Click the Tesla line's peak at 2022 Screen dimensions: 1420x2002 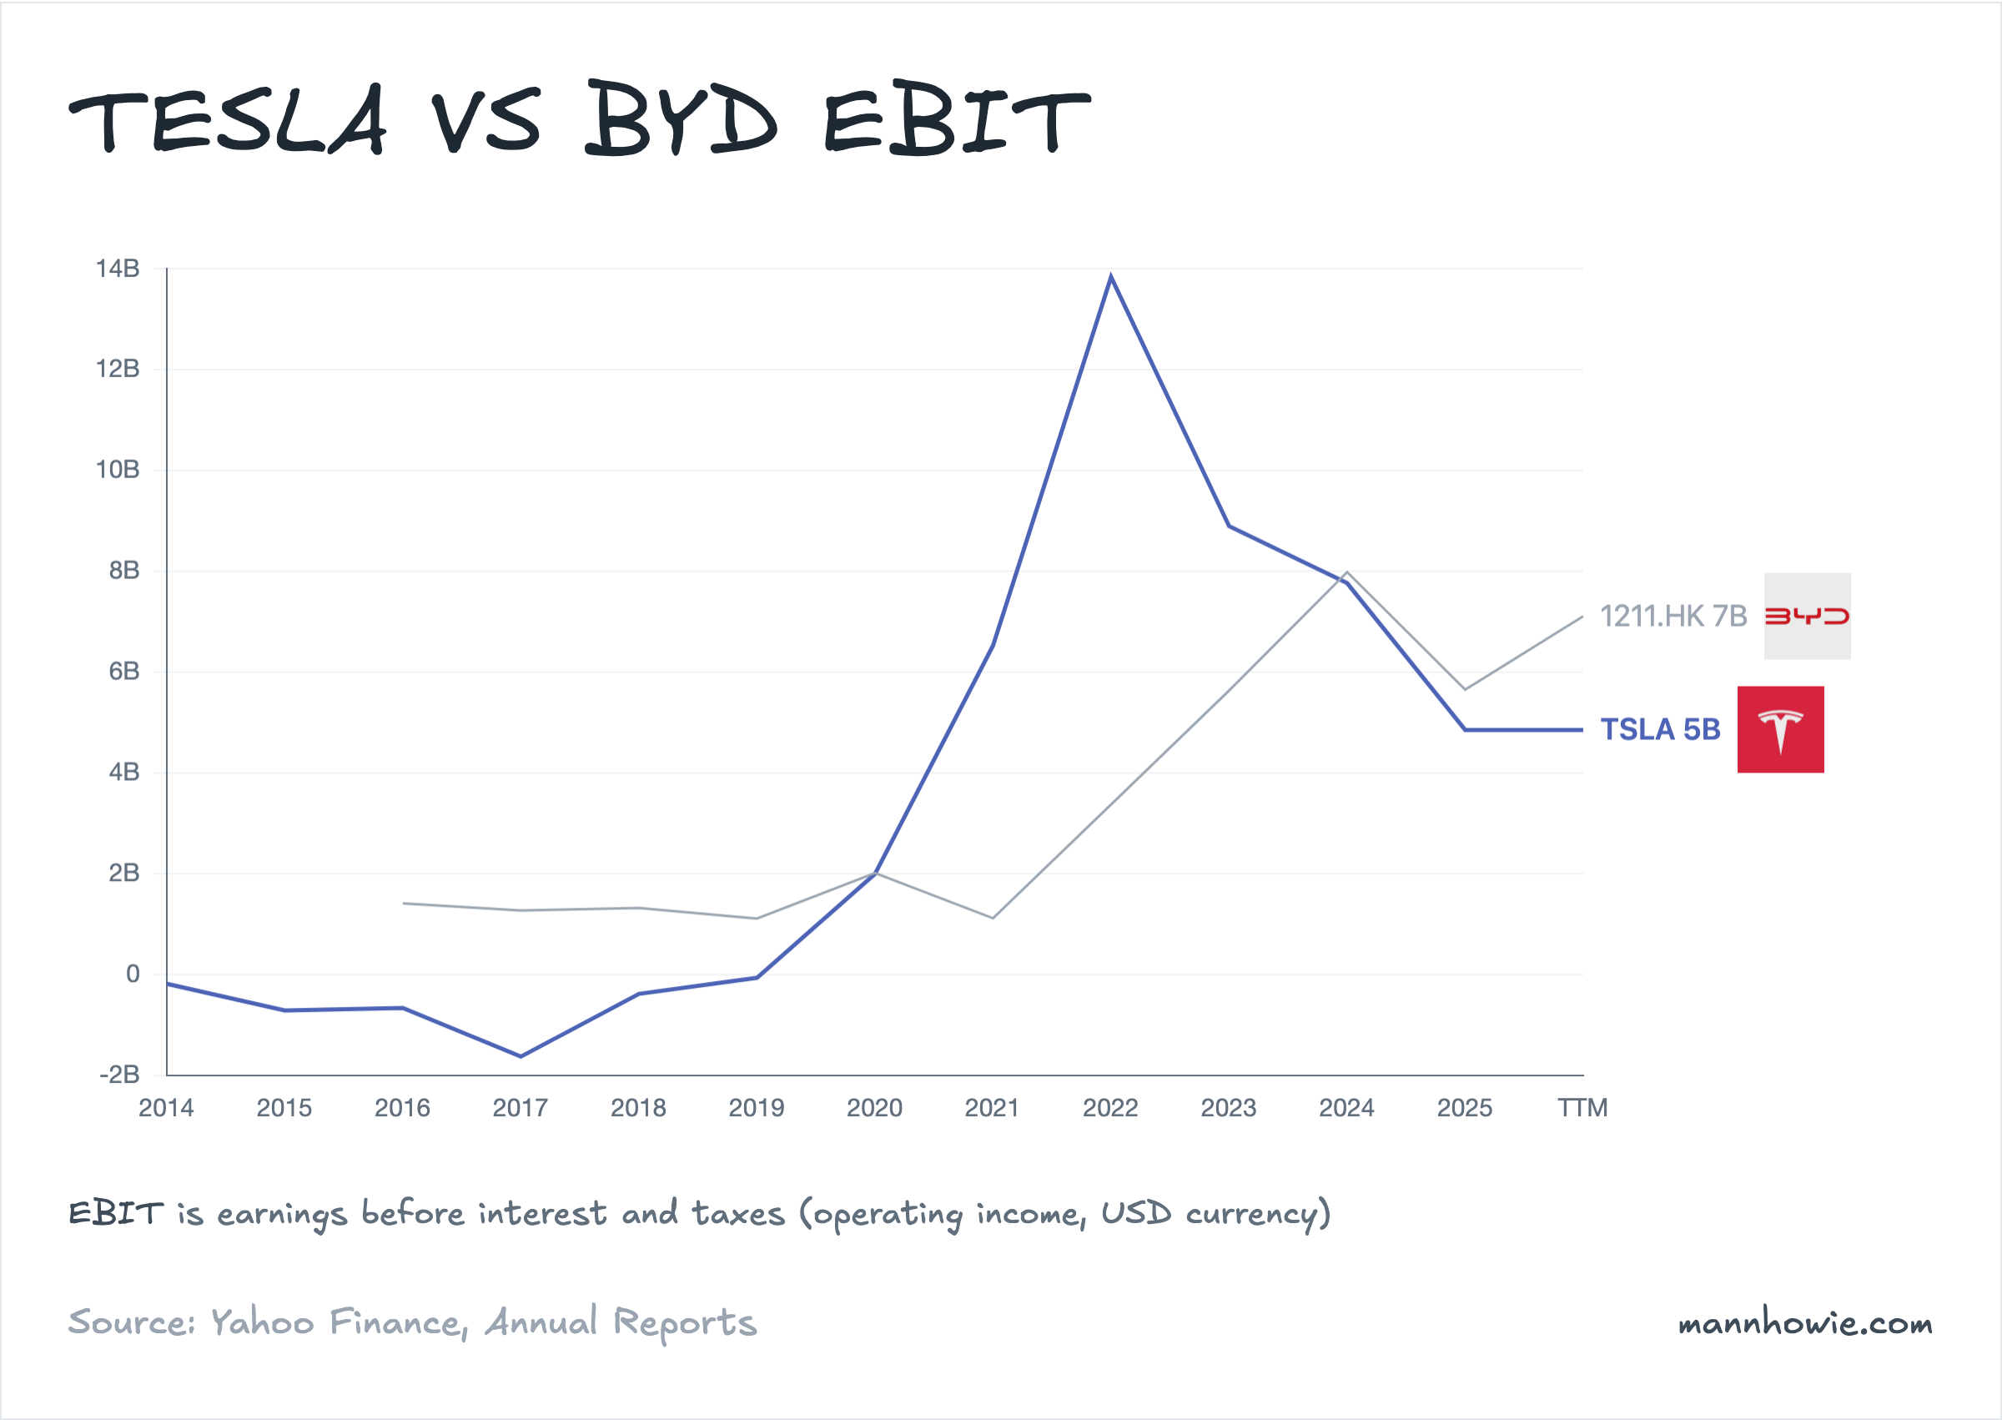tap(1110, 276)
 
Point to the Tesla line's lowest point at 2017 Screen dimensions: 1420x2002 tap(521, 1056)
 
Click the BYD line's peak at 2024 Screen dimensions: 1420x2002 tap(1346, 572)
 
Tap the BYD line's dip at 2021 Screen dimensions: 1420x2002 tap(993, 918)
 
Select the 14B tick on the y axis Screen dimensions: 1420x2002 tap(118, 269)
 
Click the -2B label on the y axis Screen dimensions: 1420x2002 tap(120, 1075)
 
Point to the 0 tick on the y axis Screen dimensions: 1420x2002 tap(133, 974)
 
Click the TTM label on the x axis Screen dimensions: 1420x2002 tap(1582, 1108)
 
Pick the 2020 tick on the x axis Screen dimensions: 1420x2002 tap(874, 1108)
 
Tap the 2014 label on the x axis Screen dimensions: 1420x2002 tap(166, 1108)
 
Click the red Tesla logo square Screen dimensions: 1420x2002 tap(1780, 729)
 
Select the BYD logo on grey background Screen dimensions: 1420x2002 tap(1806, 617)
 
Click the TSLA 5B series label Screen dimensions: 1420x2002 tap(1659, 729)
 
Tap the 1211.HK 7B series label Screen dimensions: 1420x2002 tap(1673, 617)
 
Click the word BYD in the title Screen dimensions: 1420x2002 tap(680, 121)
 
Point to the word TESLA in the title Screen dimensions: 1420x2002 tap(227, 121)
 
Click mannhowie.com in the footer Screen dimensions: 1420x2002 tap(1804, 1323)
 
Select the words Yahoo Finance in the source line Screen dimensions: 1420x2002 tap(336, 1323)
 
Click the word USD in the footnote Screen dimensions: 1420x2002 tap(1134, 1214)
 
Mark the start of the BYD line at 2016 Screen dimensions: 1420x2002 tap(403, 904)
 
